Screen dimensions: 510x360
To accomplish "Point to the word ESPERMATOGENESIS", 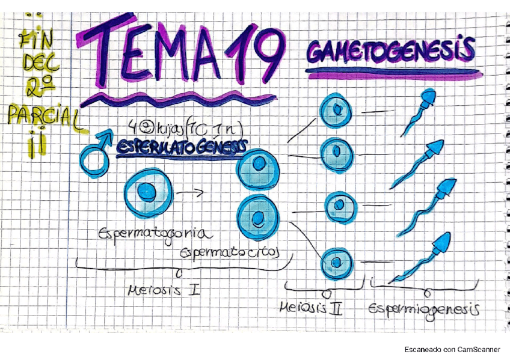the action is pos(182,147).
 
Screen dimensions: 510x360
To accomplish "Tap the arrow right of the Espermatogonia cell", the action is pos(192,193).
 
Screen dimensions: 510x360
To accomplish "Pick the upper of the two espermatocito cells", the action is pos(257,167).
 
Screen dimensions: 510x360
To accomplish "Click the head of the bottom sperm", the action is pos(441,243).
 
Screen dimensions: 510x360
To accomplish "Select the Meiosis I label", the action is pos(163,290).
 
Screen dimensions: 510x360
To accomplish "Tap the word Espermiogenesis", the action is pos(424,310).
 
